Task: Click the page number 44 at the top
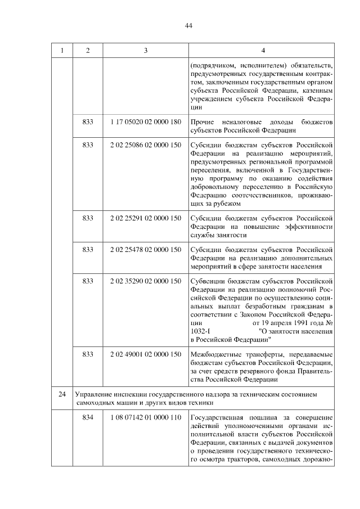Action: tap(188, 25)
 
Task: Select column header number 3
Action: tap(146, 51)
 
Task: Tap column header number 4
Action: tap(262, 51)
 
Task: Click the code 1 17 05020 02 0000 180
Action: tap(146, 121)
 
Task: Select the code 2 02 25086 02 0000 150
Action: tap(146, 145)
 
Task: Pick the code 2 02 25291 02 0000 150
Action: tap(146, 218)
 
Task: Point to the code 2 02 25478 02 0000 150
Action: tap(146, 249)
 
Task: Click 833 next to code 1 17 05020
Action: tap(88, 121)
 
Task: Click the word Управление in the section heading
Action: tap(93, 395)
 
